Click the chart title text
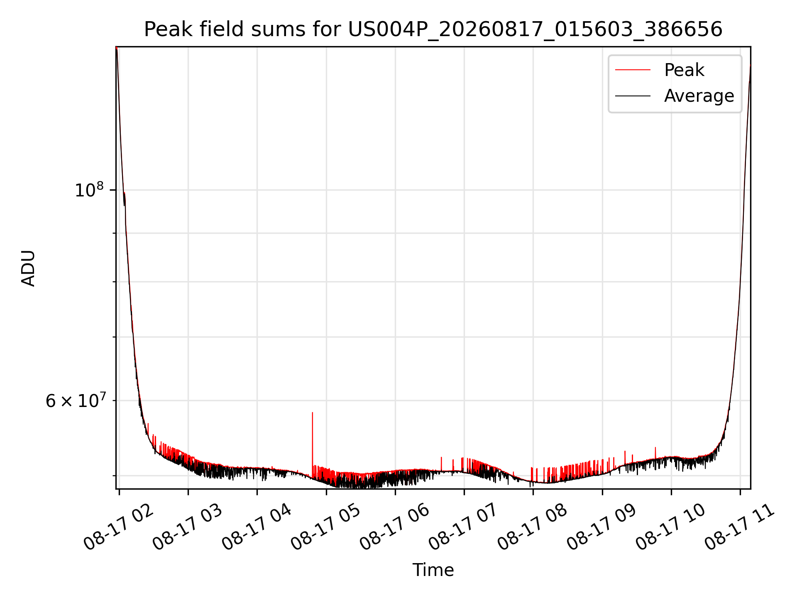click(433, 29)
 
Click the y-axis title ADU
click(28, 268)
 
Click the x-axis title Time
click(433, 570)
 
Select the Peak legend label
click(684, 70)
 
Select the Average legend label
click(699, 96)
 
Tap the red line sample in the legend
click(633, 70)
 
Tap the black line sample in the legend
click(633, 96)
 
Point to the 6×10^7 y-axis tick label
click(76, 400)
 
